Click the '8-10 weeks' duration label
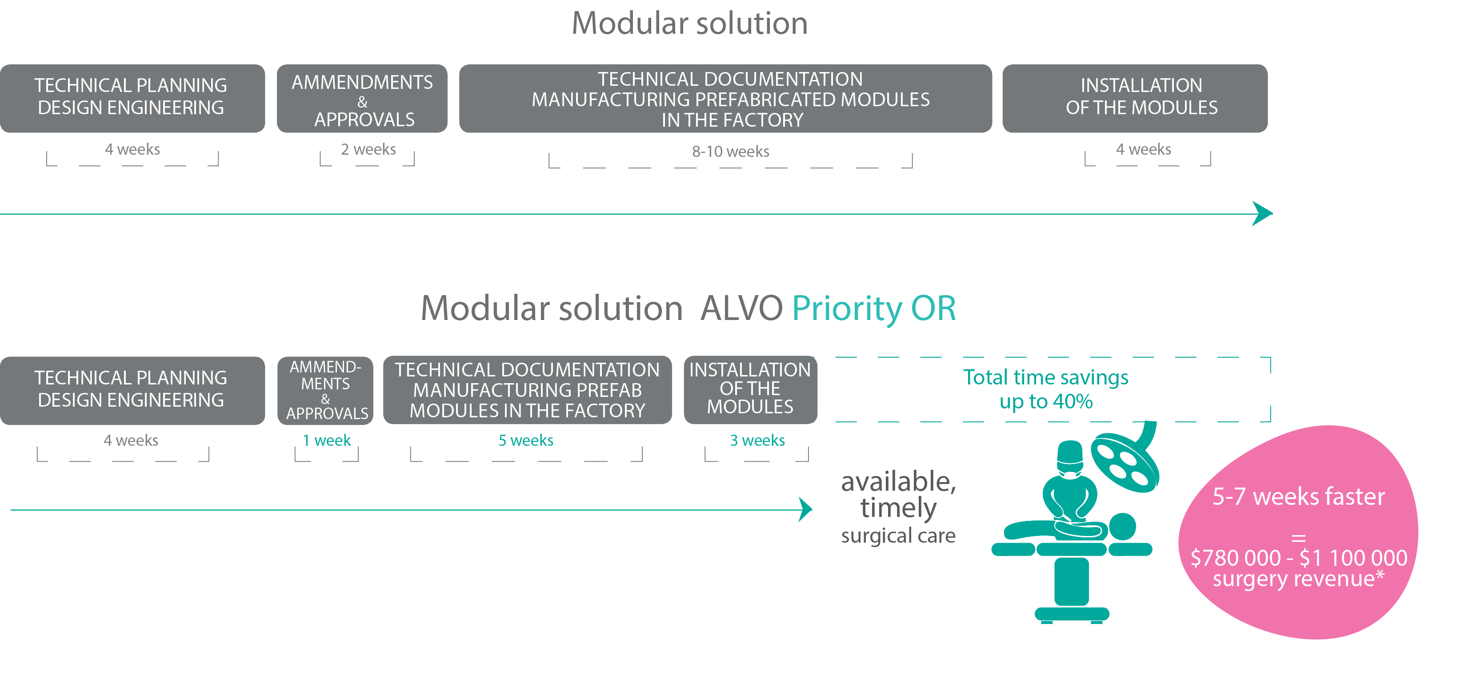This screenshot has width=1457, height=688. tap(730, 152)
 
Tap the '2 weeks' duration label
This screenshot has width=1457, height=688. tap(368, 149)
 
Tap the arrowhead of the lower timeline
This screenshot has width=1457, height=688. tap(805, 509)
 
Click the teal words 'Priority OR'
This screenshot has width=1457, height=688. tap(874, 309)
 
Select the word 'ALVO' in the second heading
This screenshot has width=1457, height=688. tap(741, 309)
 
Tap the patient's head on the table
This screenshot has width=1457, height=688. tap(1122, 527)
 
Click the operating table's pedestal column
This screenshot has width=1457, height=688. tap(1071, 581)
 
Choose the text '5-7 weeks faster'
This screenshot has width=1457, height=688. tap(1298, 497)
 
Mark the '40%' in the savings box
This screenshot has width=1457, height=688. tap(1073, 402)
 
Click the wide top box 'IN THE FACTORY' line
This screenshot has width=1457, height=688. tap(732, 120)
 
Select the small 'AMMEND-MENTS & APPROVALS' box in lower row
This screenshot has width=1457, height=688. tap(325, 390)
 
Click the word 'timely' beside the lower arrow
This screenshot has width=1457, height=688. tap(898, 508)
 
